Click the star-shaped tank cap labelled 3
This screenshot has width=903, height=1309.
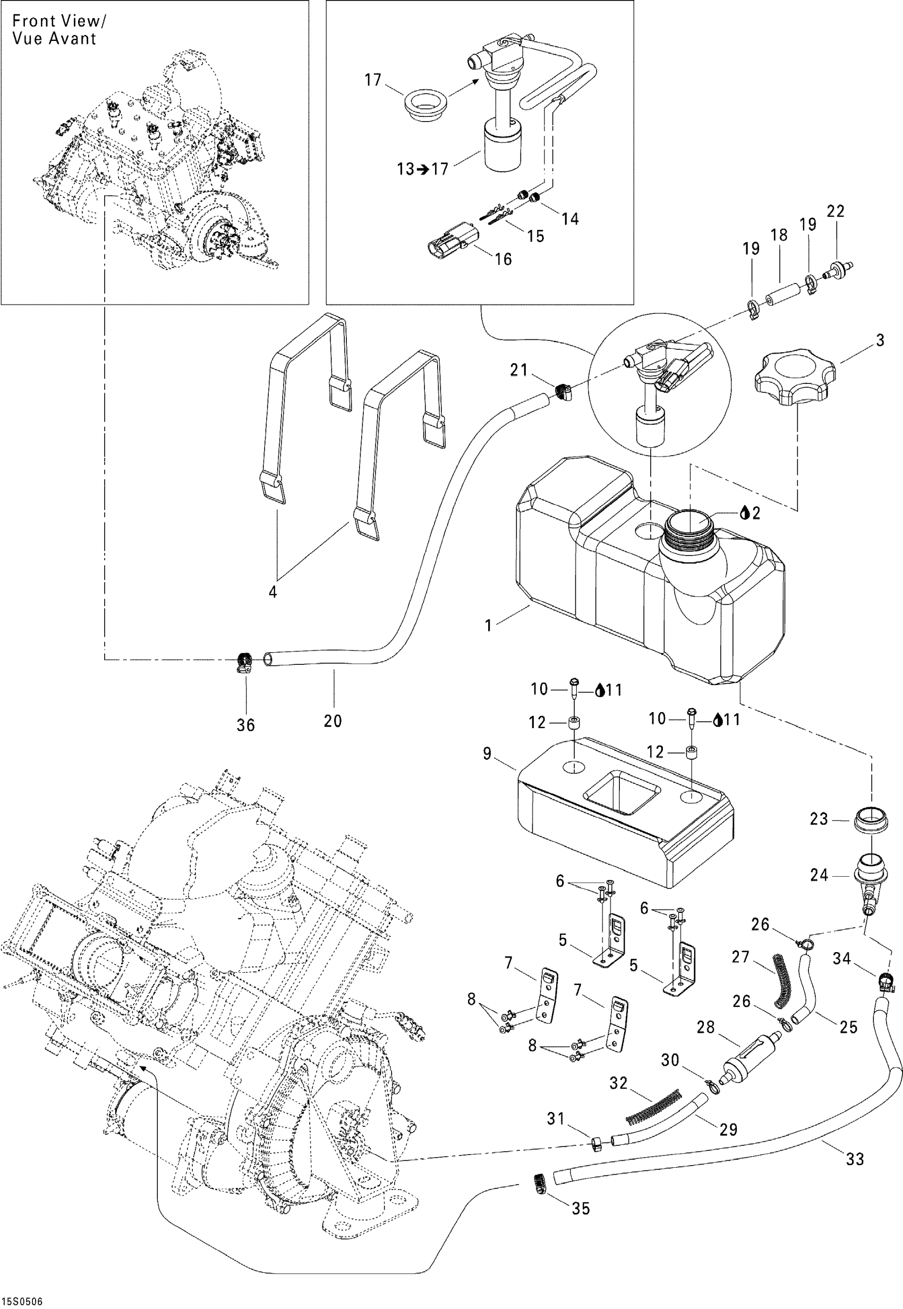(795, 378)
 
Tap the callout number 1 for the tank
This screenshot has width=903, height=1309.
(488, 625)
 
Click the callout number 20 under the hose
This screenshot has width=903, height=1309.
(333, 721)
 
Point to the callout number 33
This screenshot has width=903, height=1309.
(854, 1160)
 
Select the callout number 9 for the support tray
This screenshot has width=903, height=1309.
(487, 754)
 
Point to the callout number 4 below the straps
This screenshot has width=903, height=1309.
(272, 592)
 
